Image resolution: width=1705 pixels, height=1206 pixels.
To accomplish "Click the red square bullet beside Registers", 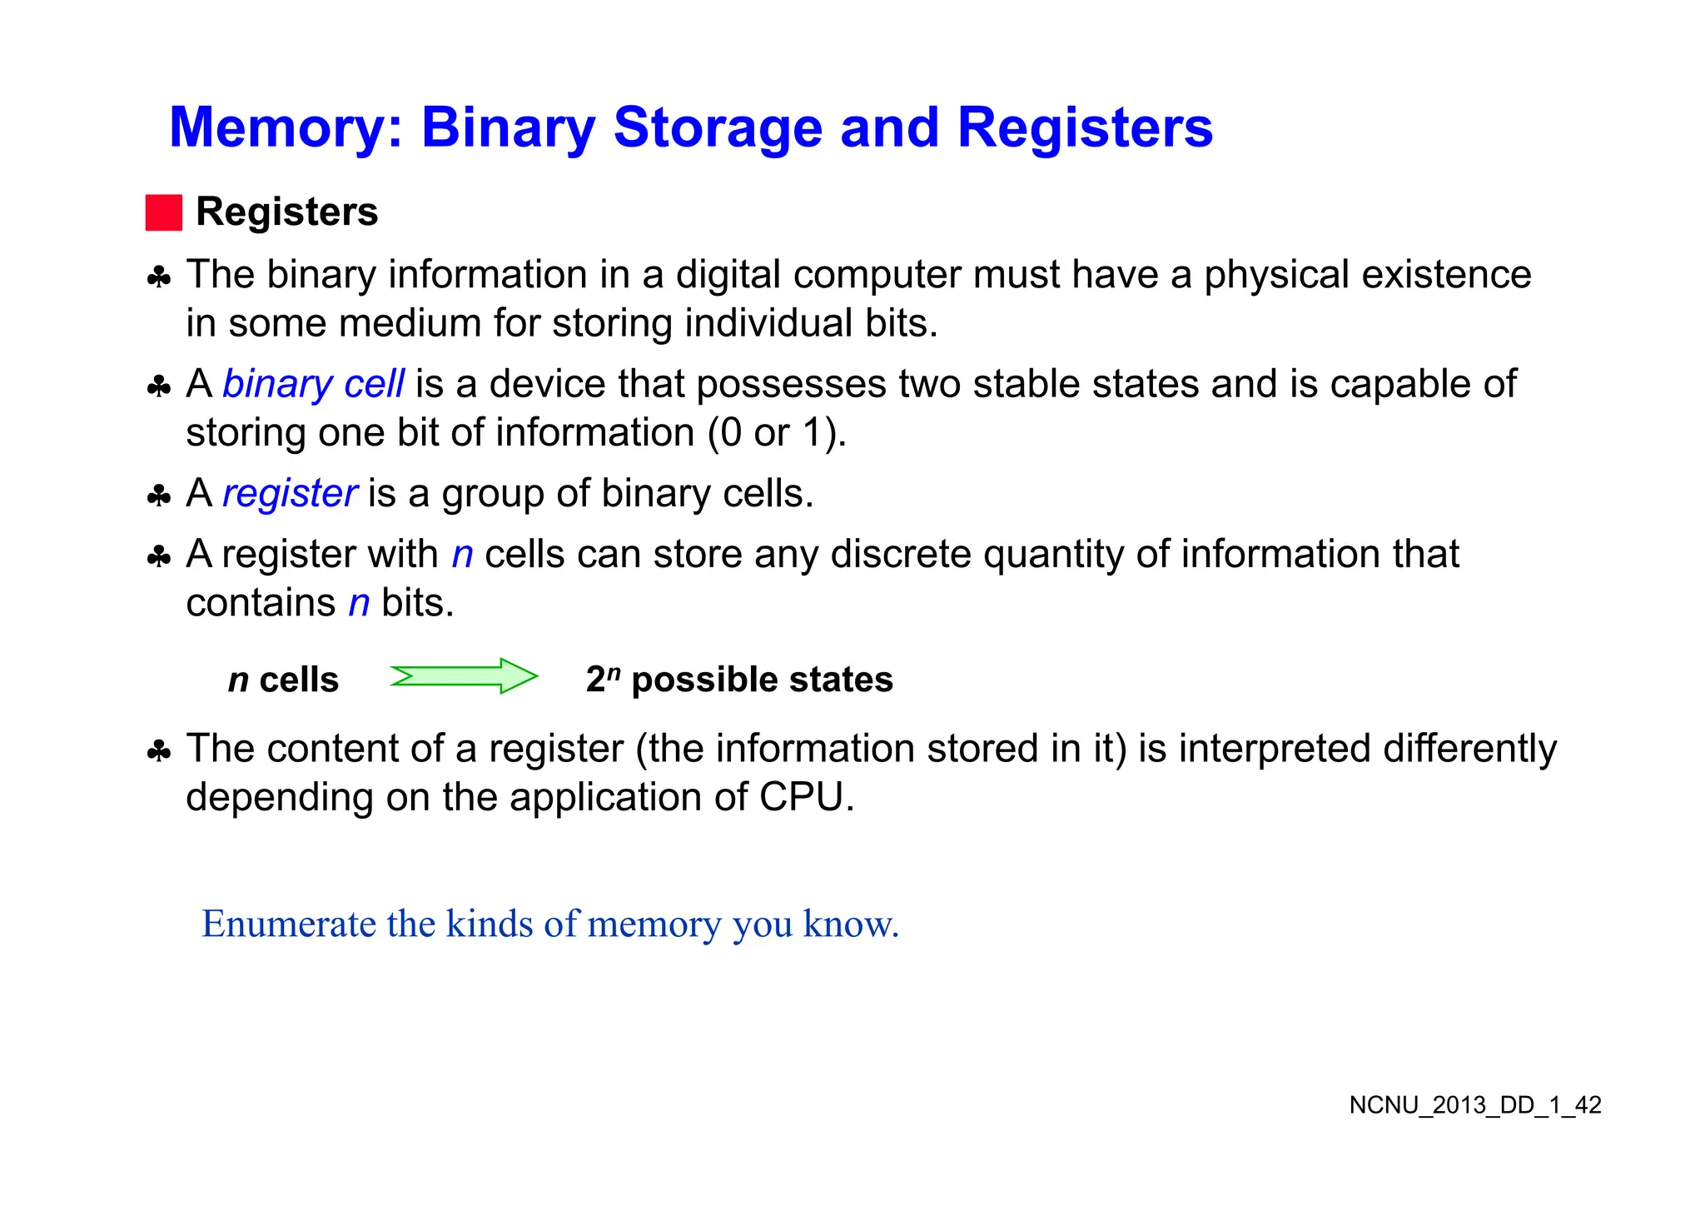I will point(163,212).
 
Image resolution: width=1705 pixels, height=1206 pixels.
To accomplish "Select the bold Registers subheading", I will point(286,212).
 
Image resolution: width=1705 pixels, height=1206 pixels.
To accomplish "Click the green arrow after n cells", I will point(464,676).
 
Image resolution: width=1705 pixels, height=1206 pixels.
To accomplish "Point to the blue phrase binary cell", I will point(313,384).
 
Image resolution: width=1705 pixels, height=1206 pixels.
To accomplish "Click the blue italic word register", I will point(290,493).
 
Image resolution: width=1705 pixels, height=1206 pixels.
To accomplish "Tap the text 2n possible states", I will point(738,680).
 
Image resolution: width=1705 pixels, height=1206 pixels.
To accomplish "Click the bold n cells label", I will point(283,680).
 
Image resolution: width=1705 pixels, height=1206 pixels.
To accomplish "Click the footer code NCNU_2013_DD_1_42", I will point(1474,1105).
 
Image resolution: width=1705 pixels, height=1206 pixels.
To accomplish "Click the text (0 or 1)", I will point(776,433).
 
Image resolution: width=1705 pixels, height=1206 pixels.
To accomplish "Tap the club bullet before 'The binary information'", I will point(158,277).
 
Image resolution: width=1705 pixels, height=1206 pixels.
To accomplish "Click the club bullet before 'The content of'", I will point(158,751).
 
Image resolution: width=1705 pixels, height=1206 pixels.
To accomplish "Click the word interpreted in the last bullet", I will point(1275,748).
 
